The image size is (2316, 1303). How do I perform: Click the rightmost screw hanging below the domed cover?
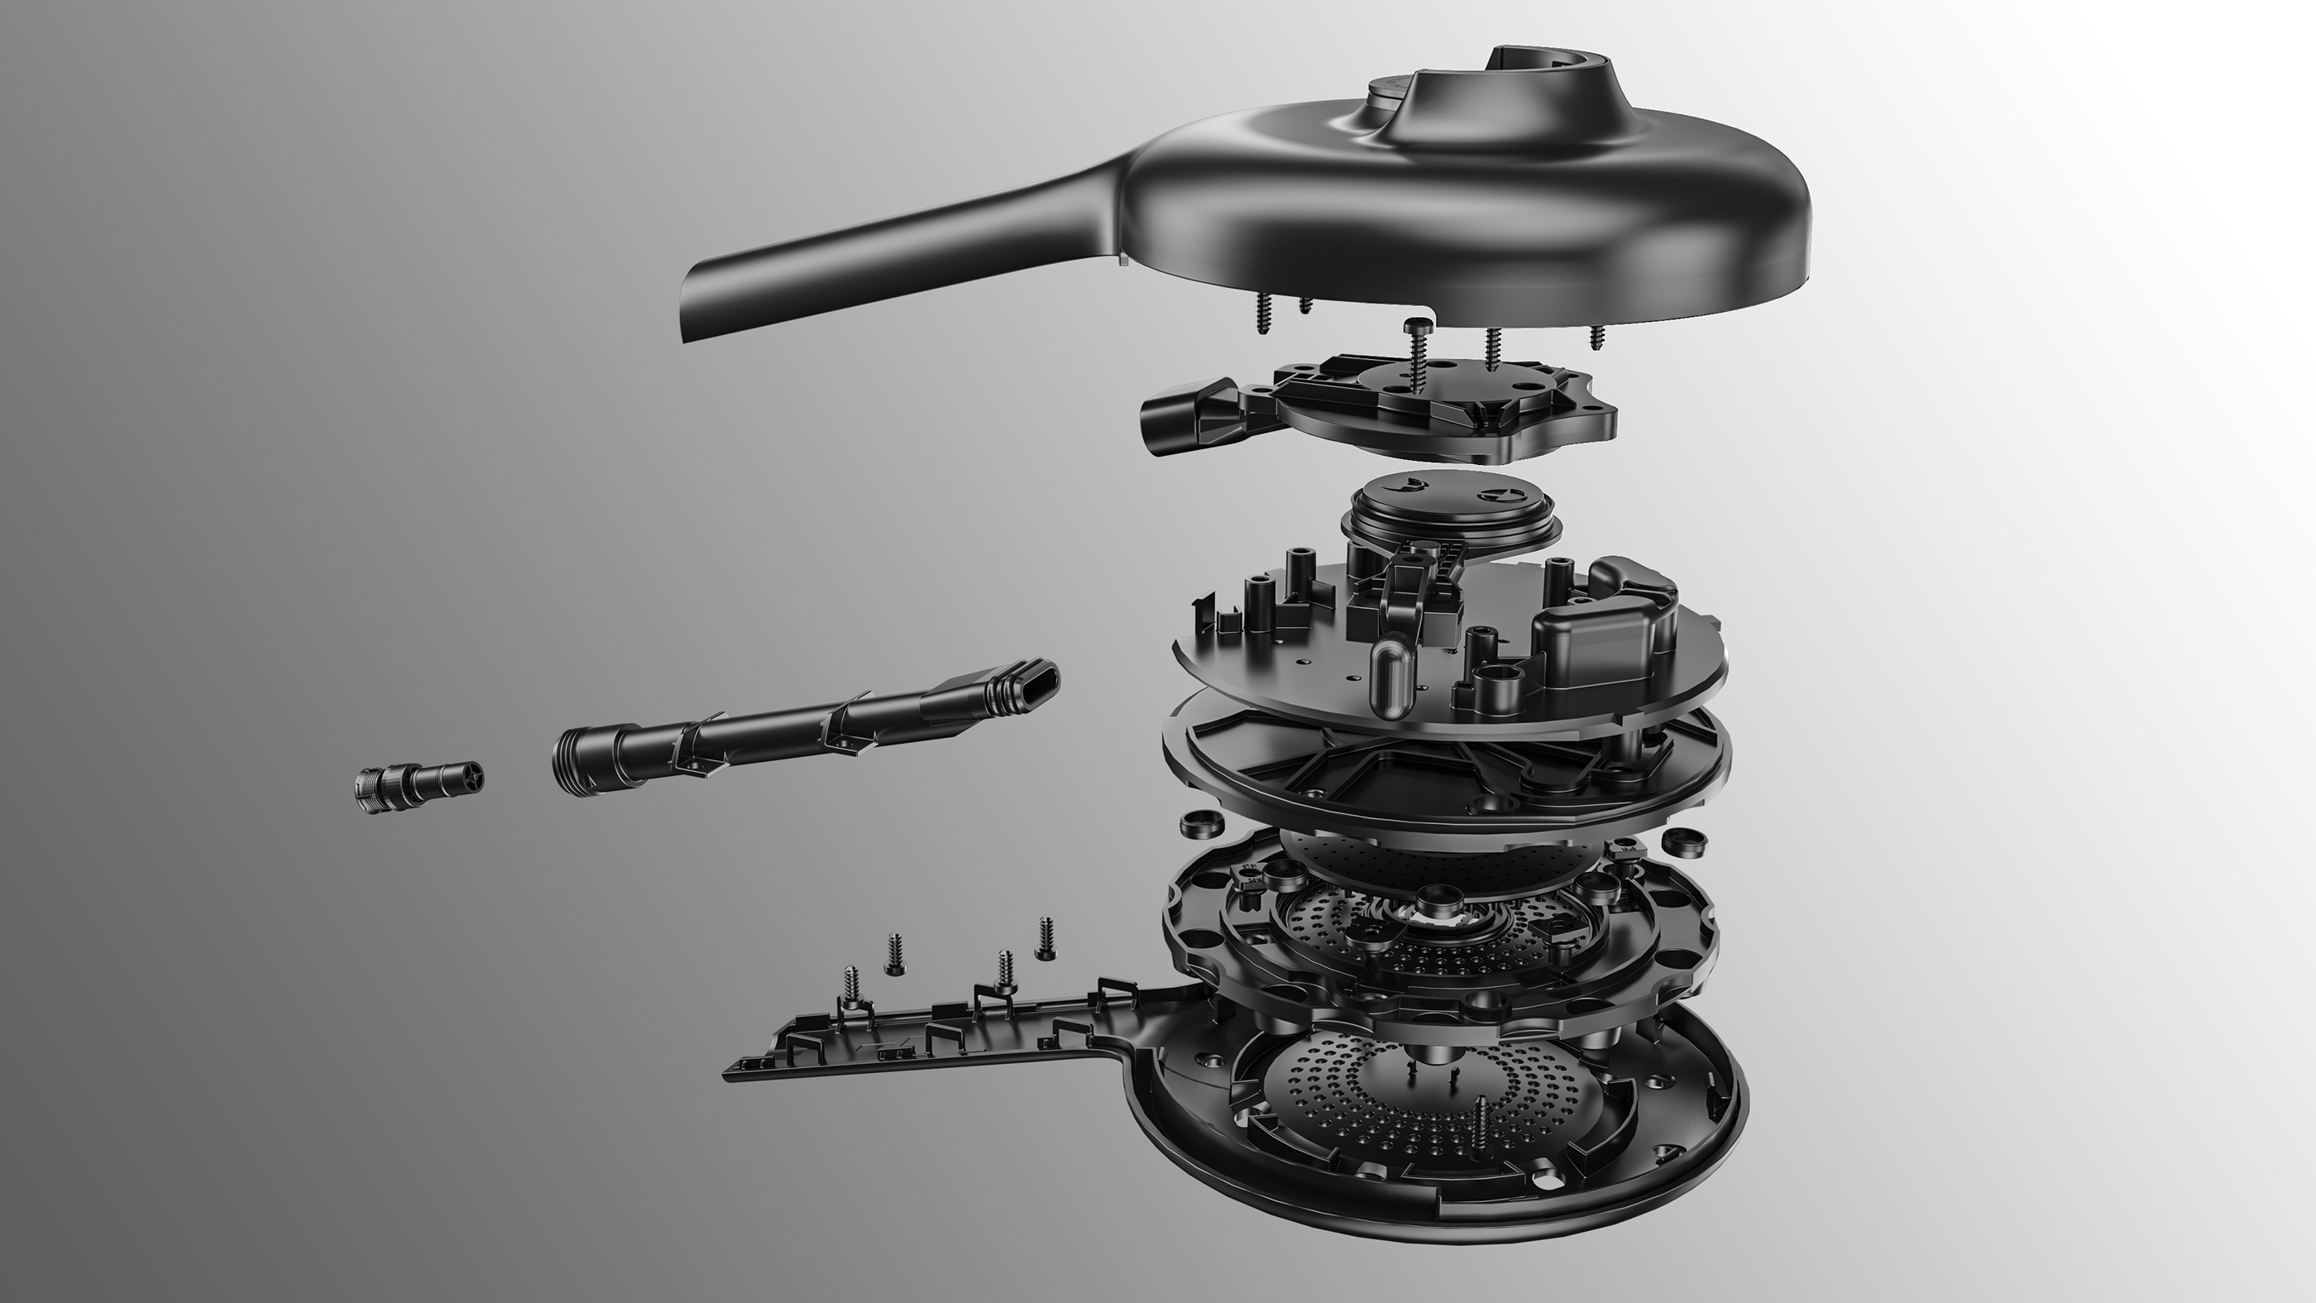[x=1598, y=338]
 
